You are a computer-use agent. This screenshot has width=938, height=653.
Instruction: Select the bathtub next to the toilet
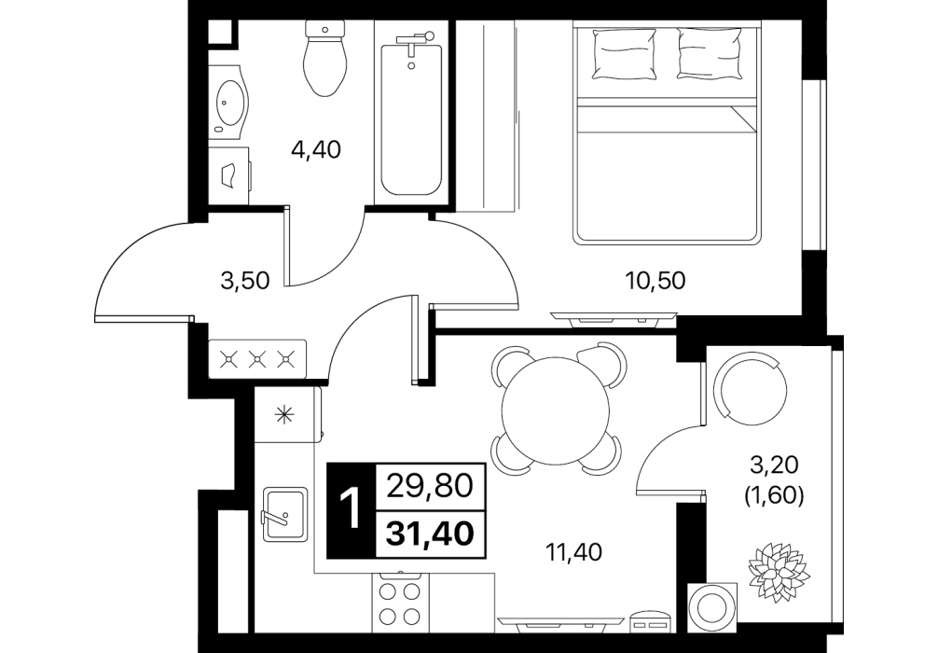click(x=411, y=113)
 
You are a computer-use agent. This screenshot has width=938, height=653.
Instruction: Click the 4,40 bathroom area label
click(x=316, y=149)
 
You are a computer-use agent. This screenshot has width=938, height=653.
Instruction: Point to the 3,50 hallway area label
click(x=245, y=280)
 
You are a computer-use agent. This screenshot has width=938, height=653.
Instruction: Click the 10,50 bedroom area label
click(x=655, y=280)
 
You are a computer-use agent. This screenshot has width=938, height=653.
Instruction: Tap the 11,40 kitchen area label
click(x=574, y=552)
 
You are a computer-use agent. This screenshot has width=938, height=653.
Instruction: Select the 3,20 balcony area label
click(x=773, y=464)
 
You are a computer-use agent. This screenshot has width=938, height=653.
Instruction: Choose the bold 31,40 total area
click(x=431, y=534)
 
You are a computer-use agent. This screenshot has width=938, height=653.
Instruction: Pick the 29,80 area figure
click(x=431, y=486)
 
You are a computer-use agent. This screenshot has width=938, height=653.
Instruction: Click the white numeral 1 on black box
click(x=352, y=510)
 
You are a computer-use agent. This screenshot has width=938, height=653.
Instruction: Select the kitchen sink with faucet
click(x=285, y=514)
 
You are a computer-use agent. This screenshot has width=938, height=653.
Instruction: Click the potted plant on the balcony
click(x=778, y=569)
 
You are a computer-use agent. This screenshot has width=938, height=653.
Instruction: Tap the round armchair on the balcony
click(x=752, y=388)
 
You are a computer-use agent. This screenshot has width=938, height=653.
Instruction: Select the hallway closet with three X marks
click(x=257, y=359)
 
